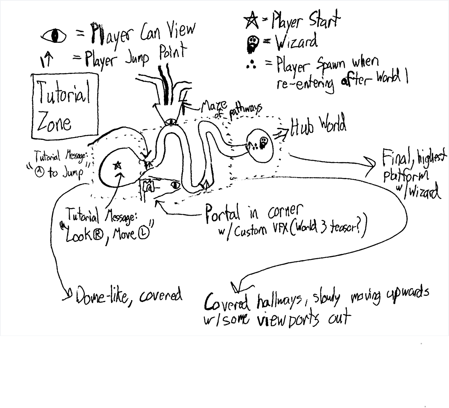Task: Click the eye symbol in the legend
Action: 54,36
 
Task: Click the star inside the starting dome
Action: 117,166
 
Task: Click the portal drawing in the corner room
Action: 149,186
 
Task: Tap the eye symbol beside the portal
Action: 176,185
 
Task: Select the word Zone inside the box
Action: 54,123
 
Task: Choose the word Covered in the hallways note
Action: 228,302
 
